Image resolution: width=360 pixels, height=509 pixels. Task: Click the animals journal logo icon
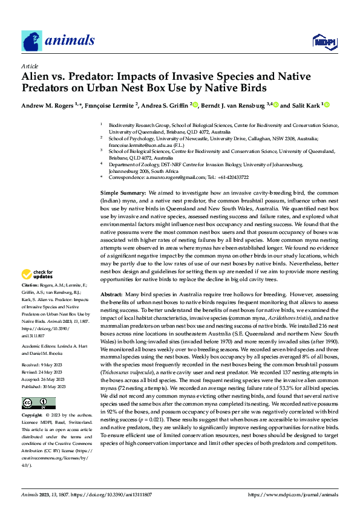coord(31,41)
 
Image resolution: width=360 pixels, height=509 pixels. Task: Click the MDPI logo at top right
coord(324,41)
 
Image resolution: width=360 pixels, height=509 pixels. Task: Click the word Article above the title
coord(30,66)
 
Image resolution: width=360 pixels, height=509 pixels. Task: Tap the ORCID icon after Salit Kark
coord(327,105)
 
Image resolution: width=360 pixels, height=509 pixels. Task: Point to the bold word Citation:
coord(30,284)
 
